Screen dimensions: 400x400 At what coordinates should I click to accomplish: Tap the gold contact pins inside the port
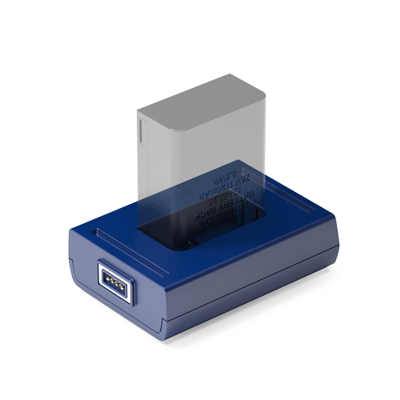[x=112, y=282]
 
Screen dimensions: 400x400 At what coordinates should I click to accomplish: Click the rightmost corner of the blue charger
[x=339, y=240]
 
